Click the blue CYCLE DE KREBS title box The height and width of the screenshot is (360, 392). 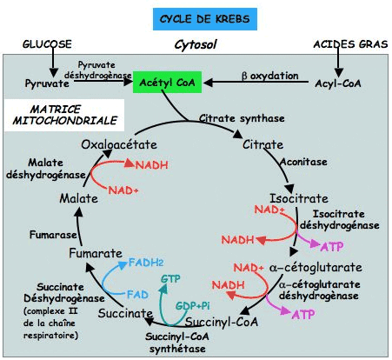pos(205,19)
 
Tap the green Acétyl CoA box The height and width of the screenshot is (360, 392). pos(167,82)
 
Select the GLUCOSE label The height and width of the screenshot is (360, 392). pos(47,44)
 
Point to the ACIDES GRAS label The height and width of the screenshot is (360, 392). pos(350,44)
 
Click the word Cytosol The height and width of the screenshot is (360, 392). pos(196,45)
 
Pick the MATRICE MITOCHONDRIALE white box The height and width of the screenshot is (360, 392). pos(64,115)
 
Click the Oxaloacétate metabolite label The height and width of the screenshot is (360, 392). pos(119,144)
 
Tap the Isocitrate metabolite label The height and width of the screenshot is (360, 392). pos(299,198)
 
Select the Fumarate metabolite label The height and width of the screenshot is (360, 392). pos(96,253)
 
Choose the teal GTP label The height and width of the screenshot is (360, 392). pos(170,279)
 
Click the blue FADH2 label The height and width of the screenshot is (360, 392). pos(146,263)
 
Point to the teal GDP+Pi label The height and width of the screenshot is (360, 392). pos(193,306)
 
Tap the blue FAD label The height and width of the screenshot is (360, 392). pos(137,295)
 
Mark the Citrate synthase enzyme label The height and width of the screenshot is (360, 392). pos(242,118)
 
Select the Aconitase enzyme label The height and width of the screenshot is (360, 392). pos(303,162)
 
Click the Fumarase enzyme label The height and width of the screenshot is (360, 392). pos(53,235)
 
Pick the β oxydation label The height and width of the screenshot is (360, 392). pos(270,76)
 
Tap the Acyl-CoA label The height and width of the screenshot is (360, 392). pos(338,83)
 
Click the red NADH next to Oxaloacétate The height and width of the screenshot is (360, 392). pos(152,165)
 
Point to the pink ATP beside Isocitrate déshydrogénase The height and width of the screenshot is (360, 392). pos(332,247)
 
